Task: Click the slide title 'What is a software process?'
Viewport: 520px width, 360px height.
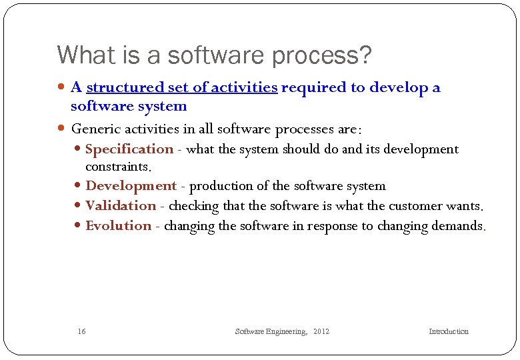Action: coord(214,55)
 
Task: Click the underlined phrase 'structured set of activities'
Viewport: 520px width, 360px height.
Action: coord(181,87)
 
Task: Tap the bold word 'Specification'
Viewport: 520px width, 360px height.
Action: coord(129,149)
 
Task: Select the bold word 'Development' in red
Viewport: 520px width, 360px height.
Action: coord(131,186)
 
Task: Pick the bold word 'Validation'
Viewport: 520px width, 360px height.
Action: coord(121,206)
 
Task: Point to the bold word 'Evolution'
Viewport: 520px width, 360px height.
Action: coord(119,226)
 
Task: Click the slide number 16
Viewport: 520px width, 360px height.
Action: coord(81,331)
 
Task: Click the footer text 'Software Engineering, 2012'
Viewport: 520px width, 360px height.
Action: coord(282,331)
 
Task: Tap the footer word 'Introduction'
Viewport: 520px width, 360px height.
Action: coord(448,331)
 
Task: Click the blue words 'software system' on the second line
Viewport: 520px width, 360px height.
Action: coord(129,107)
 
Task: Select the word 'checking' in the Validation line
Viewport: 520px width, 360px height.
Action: coord(193,206)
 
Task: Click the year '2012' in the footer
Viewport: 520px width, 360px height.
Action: coord(321,331)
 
